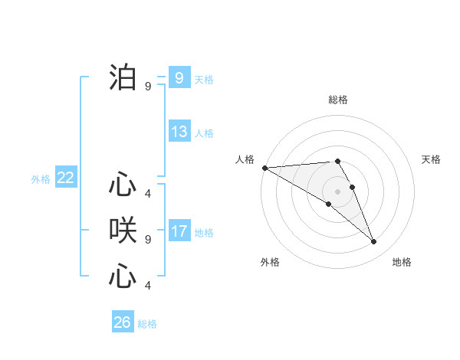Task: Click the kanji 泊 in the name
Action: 123,78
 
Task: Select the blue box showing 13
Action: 179,132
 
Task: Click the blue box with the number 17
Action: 179,231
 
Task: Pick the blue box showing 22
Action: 66,178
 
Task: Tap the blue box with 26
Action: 123,322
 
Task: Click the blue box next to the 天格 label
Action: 179,78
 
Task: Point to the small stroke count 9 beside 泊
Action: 148,87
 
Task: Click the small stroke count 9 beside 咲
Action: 148,239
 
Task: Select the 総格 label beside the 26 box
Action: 147,324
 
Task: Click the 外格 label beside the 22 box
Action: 41,179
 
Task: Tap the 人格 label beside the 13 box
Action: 204,133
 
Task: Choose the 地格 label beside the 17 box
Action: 204,233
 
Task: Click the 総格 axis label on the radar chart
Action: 338,100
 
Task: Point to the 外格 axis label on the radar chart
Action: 270,262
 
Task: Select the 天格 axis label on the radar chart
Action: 432,159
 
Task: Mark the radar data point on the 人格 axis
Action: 264,168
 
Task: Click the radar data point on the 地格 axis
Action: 374,242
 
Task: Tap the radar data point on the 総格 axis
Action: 337,161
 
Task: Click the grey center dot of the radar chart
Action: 338,191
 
